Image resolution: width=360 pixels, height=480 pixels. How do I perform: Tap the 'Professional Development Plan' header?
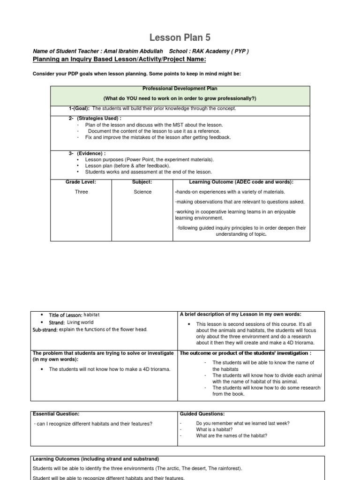(180, 89)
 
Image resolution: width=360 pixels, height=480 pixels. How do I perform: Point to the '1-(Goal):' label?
(79, 108)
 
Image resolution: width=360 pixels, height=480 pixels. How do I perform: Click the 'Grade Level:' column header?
(81, 181)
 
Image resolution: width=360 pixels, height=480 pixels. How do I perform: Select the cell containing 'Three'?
(81, 192)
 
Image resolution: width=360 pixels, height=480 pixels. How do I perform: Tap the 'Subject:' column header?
(142, 181)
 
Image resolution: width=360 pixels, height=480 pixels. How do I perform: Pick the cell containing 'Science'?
(142, 192)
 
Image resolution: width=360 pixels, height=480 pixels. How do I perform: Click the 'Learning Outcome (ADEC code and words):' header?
(241, 181)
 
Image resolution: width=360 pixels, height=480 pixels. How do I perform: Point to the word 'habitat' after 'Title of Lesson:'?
(92, 315)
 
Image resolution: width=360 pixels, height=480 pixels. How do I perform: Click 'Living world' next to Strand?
(80, 322)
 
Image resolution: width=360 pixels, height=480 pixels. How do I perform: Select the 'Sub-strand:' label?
(45, 330)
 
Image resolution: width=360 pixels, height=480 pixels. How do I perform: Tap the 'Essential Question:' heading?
(56, 414)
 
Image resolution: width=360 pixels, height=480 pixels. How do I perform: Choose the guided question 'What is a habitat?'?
(215, 429)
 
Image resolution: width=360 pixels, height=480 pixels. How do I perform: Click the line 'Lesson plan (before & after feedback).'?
(127, 165)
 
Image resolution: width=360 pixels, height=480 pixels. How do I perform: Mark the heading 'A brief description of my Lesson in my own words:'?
(240, 314)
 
